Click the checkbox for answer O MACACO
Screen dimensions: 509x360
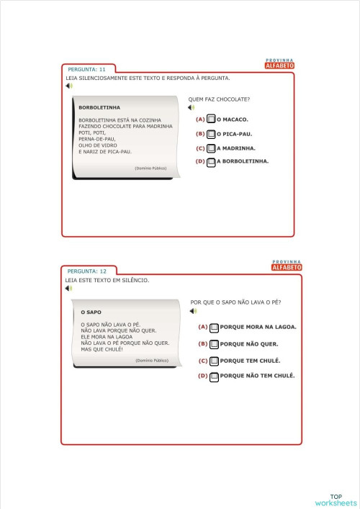coord(211,120)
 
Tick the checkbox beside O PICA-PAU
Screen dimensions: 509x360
coord(211,134)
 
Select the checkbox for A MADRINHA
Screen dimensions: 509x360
coord(211,148)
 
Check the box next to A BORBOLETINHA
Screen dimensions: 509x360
coord(211,162)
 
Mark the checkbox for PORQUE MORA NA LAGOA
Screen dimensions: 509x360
coord(214,327)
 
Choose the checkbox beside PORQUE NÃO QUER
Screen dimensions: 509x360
coord(214,344)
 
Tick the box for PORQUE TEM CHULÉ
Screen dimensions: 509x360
coord(214,361)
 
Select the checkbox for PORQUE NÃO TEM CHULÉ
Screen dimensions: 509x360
coord(214,376)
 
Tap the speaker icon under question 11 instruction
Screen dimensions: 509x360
coord(68,86)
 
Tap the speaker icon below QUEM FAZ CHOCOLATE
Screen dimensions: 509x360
coord(192,108)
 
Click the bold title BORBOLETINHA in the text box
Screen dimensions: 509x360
coord(94,107)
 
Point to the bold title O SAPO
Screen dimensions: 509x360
coord(91,312)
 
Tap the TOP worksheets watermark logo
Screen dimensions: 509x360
coord(336,500)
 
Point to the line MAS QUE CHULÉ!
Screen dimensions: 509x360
coord(102,349)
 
